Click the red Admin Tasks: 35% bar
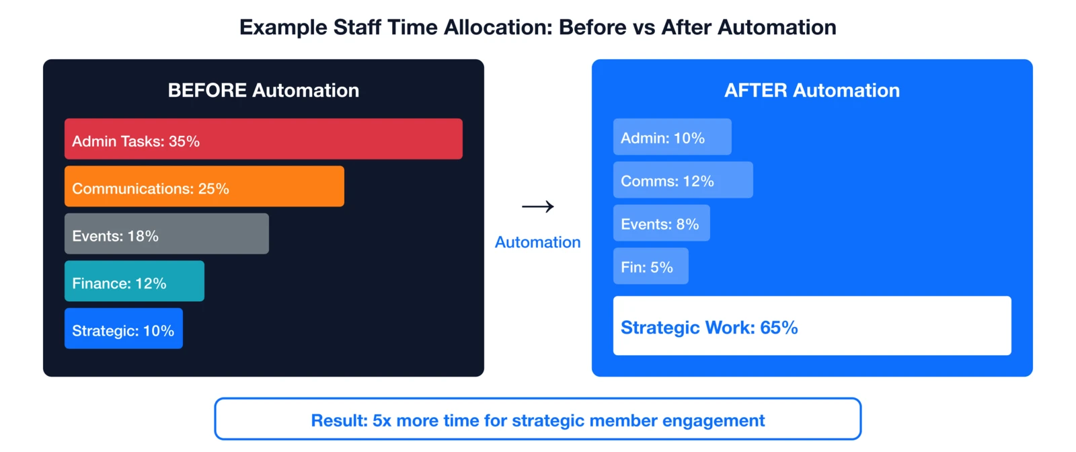pyautogui.click(x=263, y=139)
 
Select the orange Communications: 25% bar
pyautogui.click(x=204, y=186)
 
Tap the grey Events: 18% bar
pyautogui.click(x=166, y=233)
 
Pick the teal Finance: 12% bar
pyautogui.click(x=134, y=281)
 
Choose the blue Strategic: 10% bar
pyautogui.click(x=123, y=328)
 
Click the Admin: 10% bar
pyautogui.click(x=672, y=137)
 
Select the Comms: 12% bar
pyautogui.click(x=683, y=180)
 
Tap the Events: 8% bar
pyautogui.click(x=661, y=223)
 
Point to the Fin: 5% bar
pyautogui.click(x=650, y=266)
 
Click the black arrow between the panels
pyautogui.click(x=538, y=206)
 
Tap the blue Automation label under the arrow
pyautogui.click(x=537, y=242)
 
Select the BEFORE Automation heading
pyautogui.click(x=263, y=90)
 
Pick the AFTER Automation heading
pyautogui.click(x=812, y=90)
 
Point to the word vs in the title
pyautogui.click(x=643, y=28)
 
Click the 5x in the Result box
pyautogui.click(x=381, y=421)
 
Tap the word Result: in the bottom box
pyautogui.click(x=339, y=421)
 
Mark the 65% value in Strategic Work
pyautogui.click(x=779, y=328)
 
